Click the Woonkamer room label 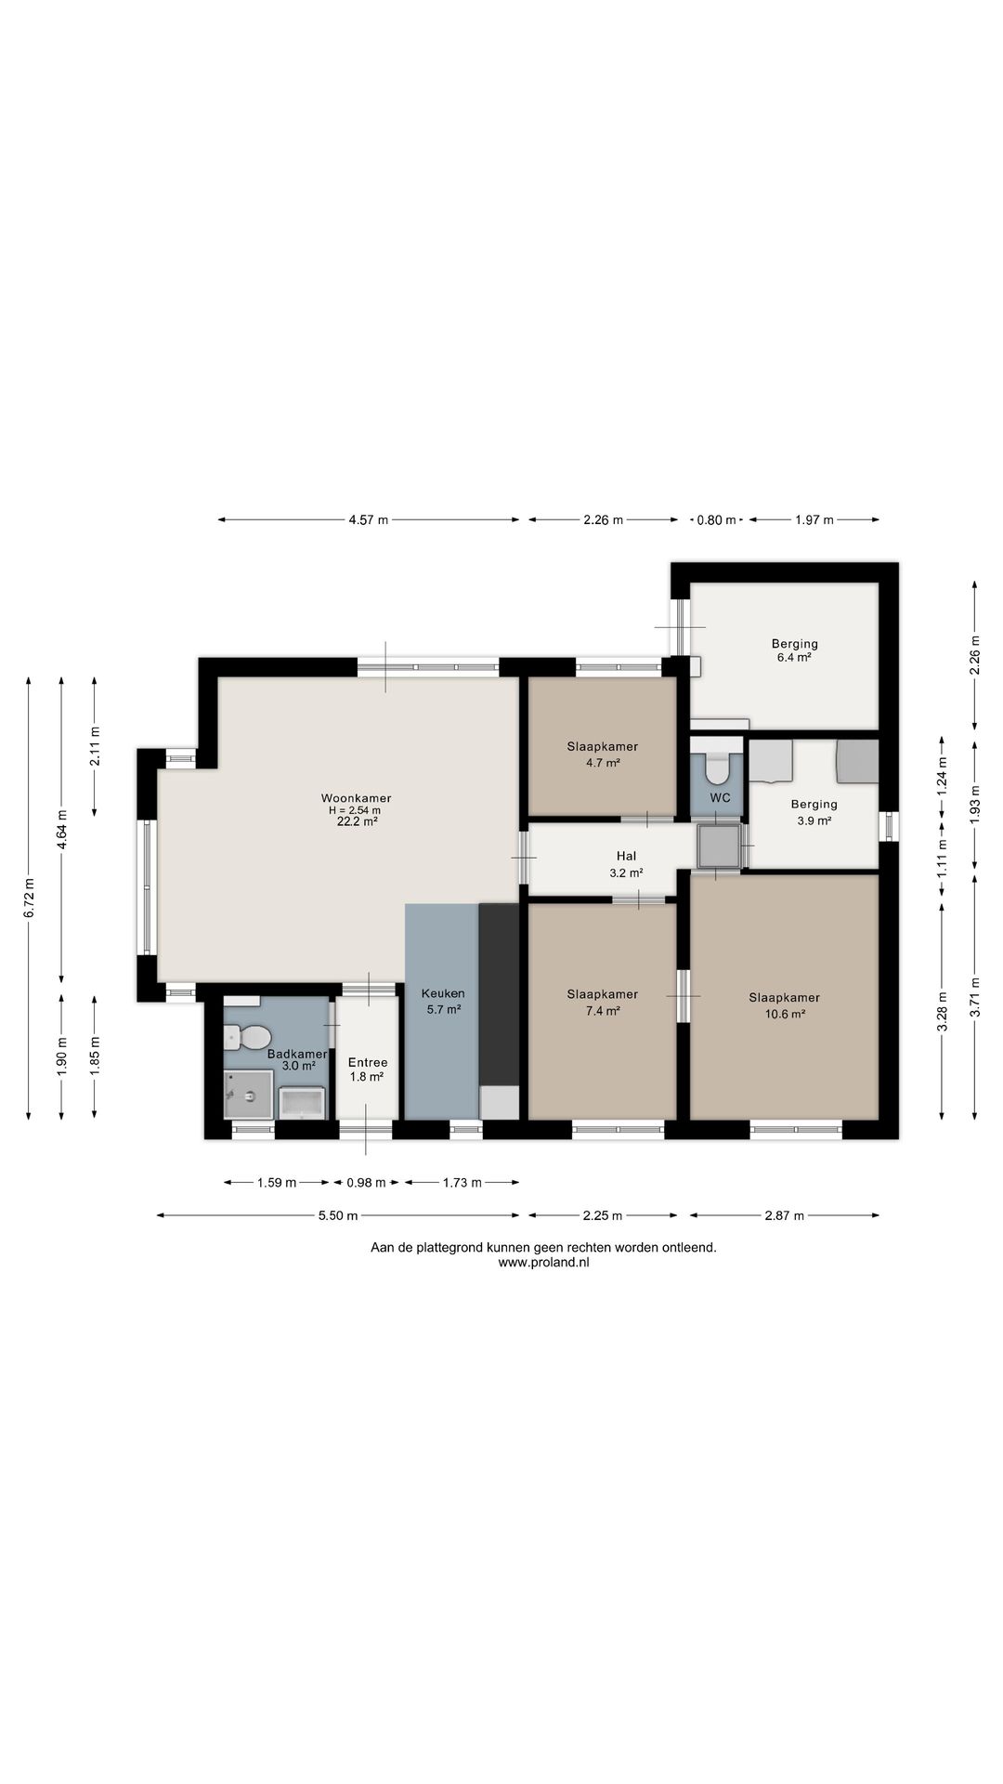(356, 798)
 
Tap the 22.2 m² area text (357, 821)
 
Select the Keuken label (443, 993)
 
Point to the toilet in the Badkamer (248, 1036)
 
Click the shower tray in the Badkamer (249, 1095)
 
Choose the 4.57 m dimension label (368, 520)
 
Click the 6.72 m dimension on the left (30, 899)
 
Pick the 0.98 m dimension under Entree (366, 1183)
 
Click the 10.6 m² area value (785, 1014)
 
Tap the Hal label (626, 857)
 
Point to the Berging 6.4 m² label (794, 650)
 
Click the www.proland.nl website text (543, 1263)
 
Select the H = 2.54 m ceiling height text (356, 810)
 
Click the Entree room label (368, 1063)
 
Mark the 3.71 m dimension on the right (974, 997)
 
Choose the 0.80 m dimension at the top (716, 520)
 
